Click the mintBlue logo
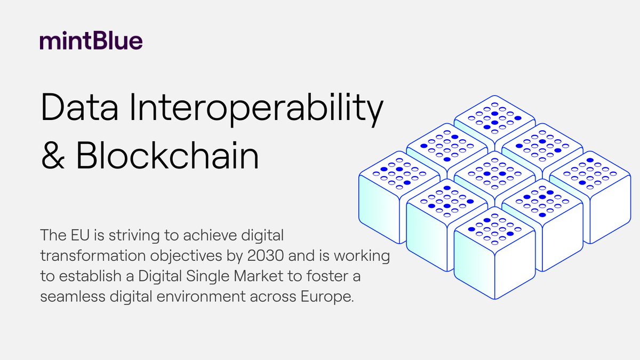point(91,42)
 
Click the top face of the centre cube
point(494,174)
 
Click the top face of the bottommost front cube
point(494,230)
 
